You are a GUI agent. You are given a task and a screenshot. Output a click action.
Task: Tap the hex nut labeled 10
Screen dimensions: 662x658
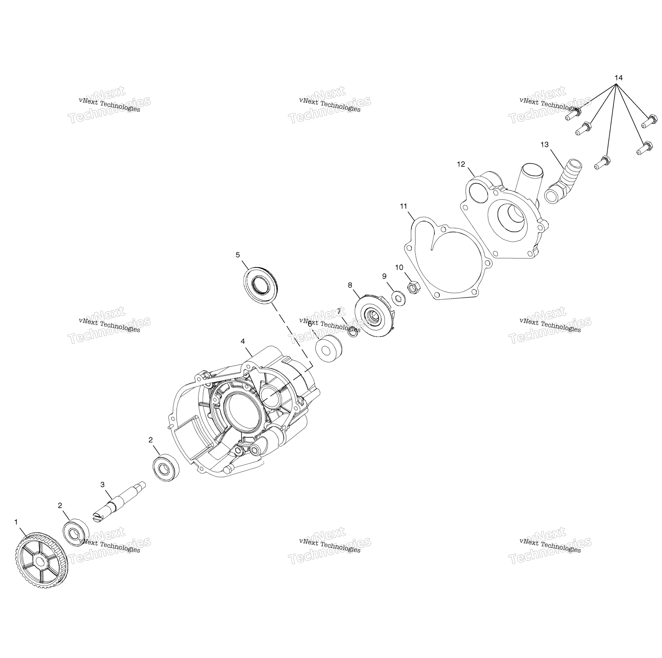pyautogui.click(x=412, y=286)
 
